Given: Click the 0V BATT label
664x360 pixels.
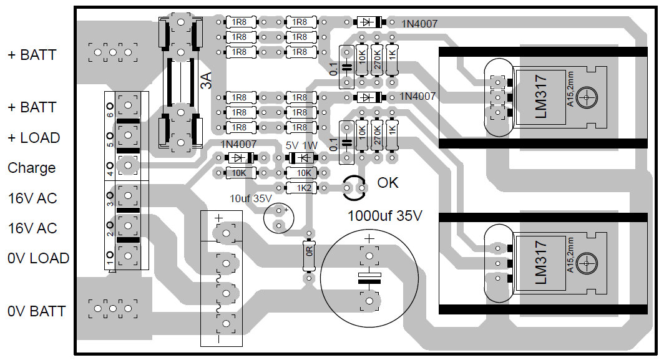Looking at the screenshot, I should [x=36, y=311].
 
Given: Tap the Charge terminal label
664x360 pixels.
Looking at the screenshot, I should [x=31, y=168].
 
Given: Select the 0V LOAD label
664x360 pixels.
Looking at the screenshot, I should [x=38, y=258].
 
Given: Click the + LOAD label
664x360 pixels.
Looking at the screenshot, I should [x=34, y=137].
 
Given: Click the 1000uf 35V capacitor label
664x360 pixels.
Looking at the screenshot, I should [x=385, y=216].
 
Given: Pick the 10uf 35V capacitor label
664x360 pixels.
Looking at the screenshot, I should [x=251, y=198].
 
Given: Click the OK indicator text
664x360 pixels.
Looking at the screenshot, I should [x=388, y=183].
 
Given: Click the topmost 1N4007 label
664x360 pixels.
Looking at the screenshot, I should [x=418, y=24].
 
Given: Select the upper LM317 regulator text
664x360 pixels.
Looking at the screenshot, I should [x=540, y=97].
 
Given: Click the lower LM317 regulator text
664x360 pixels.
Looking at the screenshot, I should [x=540, y=263].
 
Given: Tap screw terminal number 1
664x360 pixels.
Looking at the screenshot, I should [x=128, y=255].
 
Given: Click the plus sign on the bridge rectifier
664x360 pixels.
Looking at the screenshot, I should [x=218, y=219].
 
